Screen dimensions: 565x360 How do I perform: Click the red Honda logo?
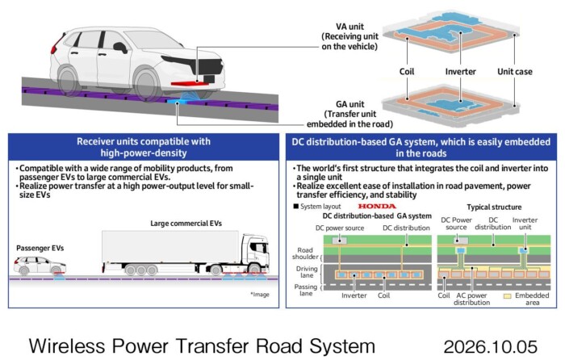(377, 206)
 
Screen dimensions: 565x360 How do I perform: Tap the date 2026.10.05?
(491, 346)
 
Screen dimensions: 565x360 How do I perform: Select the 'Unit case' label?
(515, 72)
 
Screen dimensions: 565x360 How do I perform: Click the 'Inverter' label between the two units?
(461, 72)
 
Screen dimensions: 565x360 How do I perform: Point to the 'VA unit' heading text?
(349, 27)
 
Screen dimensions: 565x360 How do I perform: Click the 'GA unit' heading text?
(349, 104)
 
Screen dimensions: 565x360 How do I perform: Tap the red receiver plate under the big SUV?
(190, 84)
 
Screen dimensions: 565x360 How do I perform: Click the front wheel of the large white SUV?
(147, 84)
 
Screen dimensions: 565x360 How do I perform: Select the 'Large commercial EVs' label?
(186, 224)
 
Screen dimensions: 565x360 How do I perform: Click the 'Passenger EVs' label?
(40, 249)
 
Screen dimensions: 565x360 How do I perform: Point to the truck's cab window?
(259, 248)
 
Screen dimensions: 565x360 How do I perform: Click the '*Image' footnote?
(260, 295)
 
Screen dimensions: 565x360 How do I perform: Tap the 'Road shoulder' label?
(305, 253)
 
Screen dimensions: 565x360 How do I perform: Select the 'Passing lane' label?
(306, 290)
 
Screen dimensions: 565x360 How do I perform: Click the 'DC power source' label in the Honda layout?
(340, 228)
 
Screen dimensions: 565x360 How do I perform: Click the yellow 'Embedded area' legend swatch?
(508, 296)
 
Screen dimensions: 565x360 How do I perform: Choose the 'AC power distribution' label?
(471, 299)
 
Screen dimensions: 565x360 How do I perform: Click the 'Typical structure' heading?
(494, 207)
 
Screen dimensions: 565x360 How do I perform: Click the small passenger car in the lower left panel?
(40, 266)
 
